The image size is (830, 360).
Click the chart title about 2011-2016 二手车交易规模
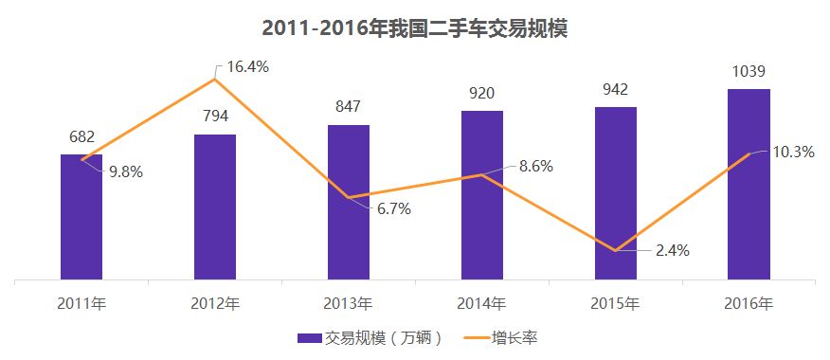(x=414, y=28)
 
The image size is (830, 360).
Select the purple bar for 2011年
(x=81, y=217)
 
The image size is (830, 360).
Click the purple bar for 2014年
(x=482, y=195)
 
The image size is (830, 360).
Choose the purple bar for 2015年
(x=616, y=193)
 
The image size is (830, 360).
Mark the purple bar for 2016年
(x=749, y=184)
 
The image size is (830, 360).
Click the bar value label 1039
(x=749, y=72)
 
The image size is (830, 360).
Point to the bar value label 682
(x=81, y=137)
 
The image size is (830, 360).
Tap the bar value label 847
(x=349, y=107)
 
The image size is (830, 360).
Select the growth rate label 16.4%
(x=248, y=67)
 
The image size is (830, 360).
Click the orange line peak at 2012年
(x=215, y=79)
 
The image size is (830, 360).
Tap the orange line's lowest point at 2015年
(x=616, y=251)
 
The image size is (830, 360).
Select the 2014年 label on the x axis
(x=482, y=304)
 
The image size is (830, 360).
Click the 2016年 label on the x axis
(x=749, y=304)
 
